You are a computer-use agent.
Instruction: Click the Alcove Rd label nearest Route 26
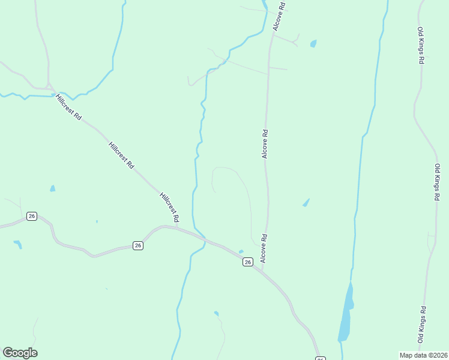point(262,248)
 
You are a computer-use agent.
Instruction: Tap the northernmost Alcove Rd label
point(279,16)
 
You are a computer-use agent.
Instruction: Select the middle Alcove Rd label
point(264,143)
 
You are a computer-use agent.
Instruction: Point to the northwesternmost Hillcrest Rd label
point(68,107)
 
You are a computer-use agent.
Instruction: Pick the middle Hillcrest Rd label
point(121,155)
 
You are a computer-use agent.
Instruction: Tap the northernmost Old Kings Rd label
point(422,46)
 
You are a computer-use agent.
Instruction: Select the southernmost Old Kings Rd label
point(423,325)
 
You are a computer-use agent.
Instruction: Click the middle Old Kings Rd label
point(438,182)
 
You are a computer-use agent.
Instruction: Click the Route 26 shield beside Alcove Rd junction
point(247,262)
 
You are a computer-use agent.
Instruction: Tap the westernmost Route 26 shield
point(32,216)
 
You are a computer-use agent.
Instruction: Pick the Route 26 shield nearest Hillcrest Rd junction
point(138,245)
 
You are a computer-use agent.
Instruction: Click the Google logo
point(20,353)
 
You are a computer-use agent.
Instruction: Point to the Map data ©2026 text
point(423,355)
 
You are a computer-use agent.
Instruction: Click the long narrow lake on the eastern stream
point(346,312)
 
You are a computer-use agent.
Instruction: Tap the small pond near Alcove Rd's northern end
point(313,44)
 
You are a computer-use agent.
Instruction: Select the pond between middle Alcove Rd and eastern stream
point(306,203)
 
